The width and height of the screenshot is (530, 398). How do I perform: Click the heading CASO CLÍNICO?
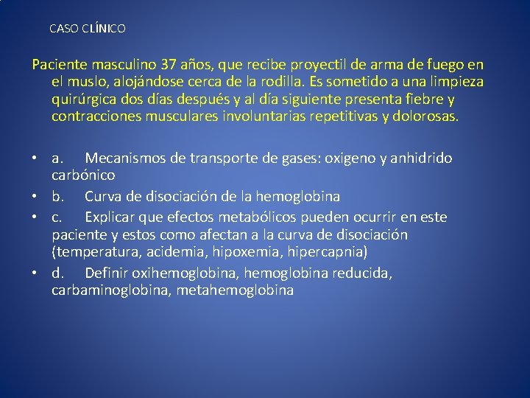[88, 29]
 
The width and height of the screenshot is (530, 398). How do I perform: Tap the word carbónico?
[83, 176]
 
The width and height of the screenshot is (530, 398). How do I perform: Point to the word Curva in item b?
[105, 197]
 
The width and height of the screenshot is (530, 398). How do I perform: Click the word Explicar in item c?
[111, 217]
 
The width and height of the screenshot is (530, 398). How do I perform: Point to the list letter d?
[57, 273]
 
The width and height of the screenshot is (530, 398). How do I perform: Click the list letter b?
[57, 197]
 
